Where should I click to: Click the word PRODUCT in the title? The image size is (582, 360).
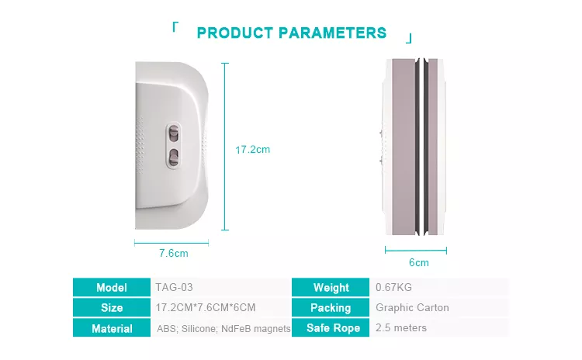(x=235, y=33)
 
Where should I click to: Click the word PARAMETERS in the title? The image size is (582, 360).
(x=333, y=33)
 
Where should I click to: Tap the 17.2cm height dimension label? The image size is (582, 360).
(x=252, y=150)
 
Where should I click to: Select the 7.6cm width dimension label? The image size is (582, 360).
(x=174, y=253)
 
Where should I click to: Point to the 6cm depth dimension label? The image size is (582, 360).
(x=419, y=262)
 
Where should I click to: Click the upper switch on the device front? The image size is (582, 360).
(x=173, y=133)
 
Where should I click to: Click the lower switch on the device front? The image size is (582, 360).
(x=173, y=157)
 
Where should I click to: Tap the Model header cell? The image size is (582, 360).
(x=112, y=287)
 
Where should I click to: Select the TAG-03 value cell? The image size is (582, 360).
(x=174, y=287)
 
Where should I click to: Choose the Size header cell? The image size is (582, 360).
(x=112, y=308)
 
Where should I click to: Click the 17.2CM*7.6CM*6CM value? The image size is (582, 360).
(x=206, y=308)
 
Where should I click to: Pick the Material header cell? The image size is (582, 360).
(x=112, y=328)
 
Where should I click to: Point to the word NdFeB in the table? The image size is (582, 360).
(x=232, y=329)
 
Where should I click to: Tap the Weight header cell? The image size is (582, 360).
(x=331, y=287)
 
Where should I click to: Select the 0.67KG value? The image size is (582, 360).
(x=393, y=287)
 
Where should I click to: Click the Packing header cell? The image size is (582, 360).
(x=331, y=308)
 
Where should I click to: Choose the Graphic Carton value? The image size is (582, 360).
(x=412, y=308)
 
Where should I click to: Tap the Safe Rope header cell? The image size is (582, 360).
(x=331, y=327)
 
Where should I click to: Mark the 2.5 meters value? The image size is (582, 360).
(x=401, y=327)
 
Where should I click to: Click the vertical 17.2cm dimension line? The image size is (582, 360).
(x=225, y=147)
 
